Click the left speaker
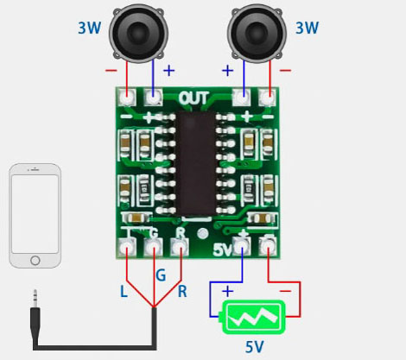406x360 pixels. click(x=138, y=33)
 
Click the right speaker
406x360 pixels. click(x=257, y=33)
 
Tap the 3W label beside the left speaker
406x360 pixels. click(x=90, y=28)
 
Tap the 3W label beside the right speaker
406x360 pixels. click(x=308, y=28)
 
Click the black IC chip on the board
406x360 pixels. click(x=196, y=163)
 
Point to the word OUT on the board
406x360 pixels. click(x=193, y=98)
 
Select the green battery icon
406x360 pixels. click(x=252, y=317)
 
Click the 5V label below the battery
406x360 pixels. click(x=255, y=347)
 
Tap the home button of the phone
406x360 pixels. click(x=35, y=261)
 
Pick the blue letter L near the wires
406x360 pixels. click(x=124, y=292)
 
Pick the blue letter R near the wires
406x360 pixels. click(x=182, y=292)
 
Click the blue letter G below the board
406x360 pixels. click(x=161, y=275)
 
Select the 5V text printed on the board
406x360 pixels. click(x=222, y=249)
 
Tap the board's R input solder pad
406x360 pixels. click(x=180, y=247)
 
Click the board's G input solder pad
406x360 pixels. click(x=153, y=247)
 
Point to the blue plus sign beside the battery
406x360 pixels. click(x=228, y=292)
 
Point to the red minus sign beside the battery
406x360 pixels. click(x=285, y=291)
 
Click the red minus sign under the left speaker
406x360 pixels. click(x=111, y=70)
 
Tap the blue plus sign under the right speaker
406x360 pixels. click(x=227, y=71)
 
